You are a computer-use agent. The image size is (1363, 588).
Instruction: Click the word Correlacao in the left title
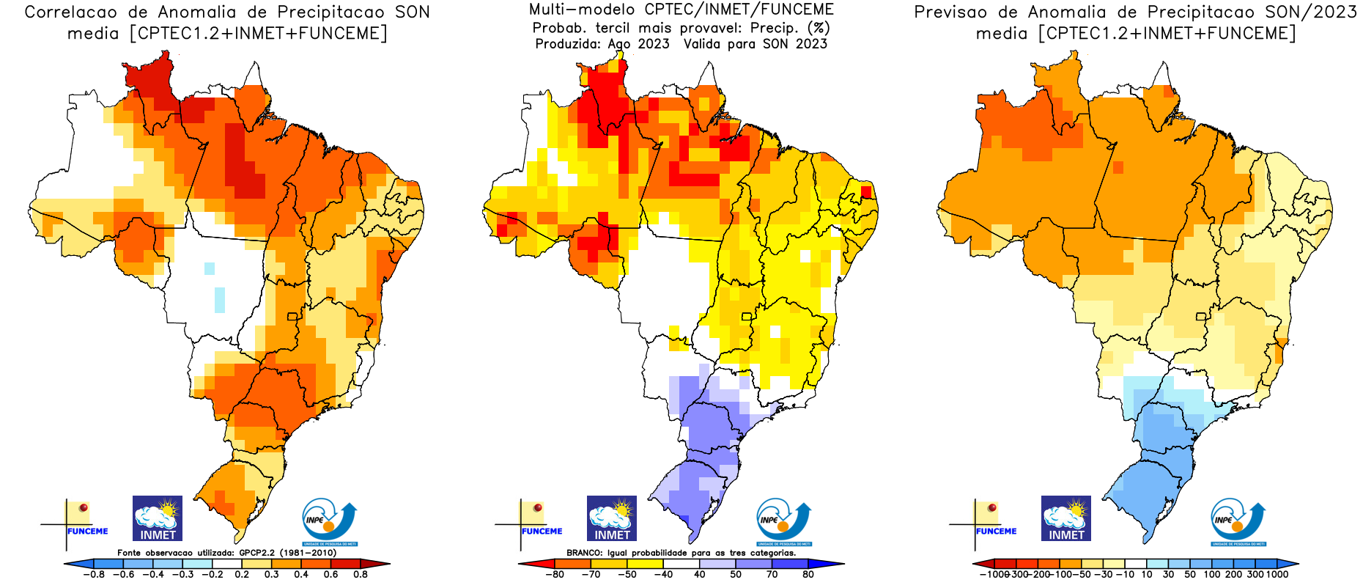(70, 12)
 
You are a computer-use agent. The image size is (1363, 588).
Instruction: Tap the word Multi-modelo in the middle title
(581, 10)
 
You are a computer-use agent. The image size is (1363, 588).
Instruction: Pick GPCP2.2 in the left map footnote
(256, 553)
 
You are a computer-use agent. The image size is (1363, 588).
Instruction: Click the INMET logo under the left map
(158, 518)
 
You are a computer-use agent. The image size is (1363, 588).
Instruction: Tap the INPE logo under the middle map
(783, 522)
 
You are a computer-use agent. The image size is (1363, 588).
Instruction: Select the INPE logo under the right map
(1238, 522)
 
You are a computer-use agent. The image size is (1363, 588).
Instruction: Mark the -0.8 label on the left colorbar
(94, 575)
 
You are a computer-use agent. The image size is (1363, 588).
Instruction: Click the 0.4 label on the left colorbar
(301, 575)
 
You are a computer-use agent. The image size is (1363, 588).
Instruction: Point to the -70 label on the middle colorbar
(590, 575)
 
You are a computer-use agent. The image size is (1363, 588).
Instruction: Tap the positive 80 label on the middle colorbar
(808, 575)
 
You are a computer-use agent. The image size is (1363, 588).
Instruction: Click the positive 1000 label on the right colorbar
(1277, 575)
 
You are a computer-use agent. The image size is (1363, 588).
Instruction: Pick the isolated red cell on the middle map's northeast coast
(867, 192)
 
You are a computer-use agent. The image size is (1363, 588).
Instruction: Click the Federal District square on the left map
(292, 317)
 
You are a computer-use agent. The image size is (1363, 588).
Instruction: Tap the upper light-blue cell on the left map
(210, 268)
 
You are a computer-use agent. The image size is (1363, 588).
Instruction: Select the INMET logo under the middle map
(612, 518)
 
